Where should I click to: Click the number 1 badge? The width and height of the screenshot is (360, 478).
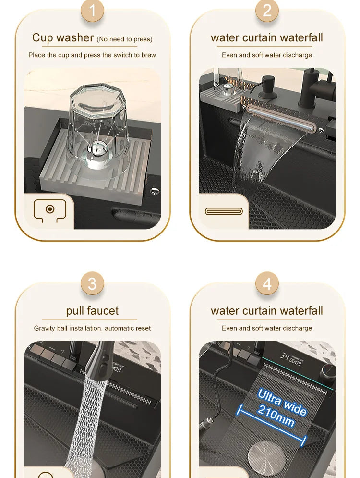(92, 11)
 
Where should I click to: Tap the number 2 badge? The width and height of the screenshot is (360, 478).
(267, 11)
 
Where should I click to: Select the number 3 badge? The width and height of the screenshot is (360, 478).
(92, 284)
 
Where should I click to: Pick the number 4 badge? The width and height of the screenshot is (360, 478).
(267, 284)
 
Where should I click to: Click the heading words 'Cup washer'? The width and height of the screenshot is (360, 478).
(63, 37)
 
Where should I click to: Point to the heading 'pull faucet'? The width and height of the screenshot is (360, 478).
(92, 311)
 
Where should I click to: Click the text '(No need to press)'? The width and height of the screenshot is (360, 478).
(124, 39)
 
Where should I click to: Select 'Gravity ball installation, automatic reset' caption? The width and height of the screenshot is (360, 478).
(92, 328)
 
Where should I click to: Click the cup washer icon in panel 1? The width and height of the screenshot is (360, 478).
(49, 210)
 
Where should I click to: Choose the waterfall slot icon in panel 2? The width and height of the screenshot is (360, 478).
(224, 211)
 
